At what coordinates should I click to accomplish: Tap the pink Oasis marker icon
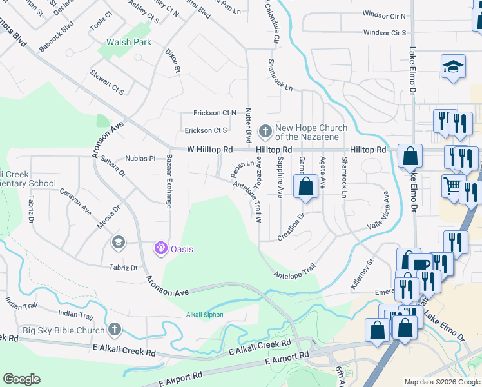tap(160, 248)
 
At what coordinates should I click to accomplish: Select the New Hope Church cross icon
tap(265, 132)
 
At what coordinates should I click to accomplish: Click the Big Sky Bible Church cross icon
tap(115, 330)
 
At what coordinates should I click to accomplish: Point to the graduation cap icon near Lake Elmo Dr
tap(453, 66)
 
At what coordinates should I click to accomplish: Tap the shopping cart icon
tap(453, 186)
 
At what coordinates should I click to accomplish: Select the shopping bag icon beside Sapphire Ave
tap(307, 186)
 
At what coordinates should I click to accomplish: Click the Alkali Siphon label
tap(204, 315)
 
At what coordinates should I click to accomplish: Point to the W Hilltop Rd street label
tap(210, 150)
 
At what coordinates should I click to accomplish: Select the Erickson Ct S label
tap(206, 130)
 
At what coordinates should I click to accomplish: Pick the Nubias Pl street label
tap(140, 158)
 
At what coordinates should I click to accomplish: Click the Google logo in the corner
tap(21, 379)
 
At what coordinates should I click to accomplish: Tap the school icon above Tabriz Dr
tap(117, 243)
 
